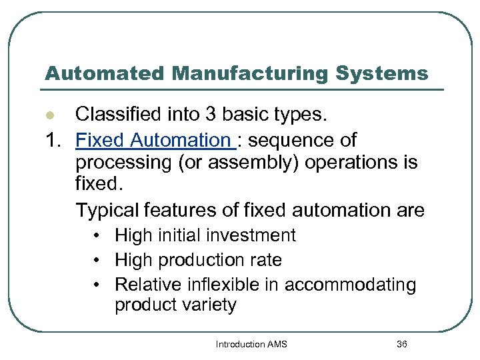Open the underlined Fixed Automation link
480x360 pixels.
[x=153, y=141]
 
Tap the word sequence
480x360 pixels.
[x=291, y=141]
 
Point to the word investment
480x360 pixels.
[x=257, y=235]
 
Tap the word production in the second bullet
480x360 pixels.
[x=200, y=260]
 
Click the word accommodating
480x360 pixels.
[x=351, y=285]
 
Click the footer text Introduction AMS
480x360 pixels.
[x=251, y=345]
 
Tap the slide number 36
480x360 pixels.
[x=402, y=345]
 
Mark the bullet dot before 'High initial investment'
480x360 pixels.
[x=97, y=235]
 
